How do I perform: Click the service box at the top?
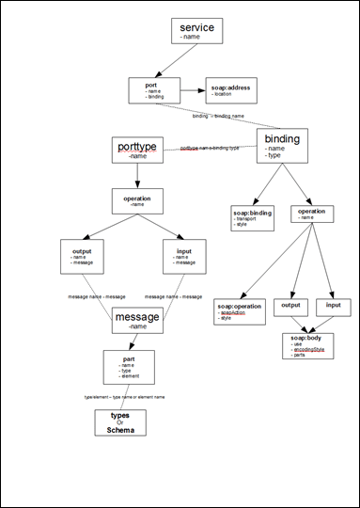[196, 31]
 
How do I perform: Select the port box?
[153, 91]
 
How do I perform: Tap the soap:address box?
[231, 91]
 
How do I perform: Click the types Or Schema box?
[120, 422]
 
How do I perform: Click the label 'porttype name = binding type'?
[209, 149]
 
